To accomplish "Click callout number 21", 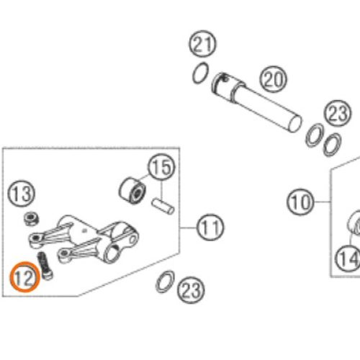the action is click(202, 44).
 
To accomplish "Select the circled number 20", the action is click(273, 78).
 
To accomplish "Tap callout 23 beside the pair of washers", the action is click(338, 113).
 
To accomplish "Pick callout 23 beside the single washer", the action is click(191, 290).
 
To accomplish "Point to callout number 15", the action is click(161, 167).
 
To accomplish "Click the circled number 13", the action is click(21, 194).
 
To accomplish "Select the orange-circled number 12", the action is click(24, 277).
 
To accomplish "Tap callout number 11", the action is click(210, 228).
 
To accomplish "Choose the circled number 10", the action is click(300, 202).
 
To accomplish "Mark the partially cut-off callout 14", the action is click(347, 258).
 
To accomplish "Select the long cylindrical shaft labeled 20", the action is click(256, 102).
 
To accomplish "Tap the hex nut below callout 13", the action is click(32, 218).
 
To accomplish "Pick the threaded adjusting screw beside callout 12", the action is click(45, 266).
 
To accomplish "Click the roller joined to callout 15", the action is click(132, 191).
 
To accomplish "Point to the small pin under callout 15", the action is click(163, 206).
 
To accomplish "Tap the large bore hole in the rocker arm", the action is click(112, 253).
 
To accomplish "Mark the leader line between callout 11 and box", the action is click(188, 228).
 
